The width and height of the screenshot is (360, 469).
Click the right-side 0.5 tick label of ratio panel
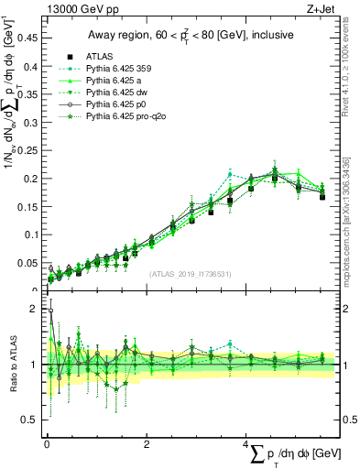tap(349, 420)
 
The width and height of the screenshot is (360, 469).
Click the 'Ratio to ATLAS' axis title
tap(12, 365)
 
